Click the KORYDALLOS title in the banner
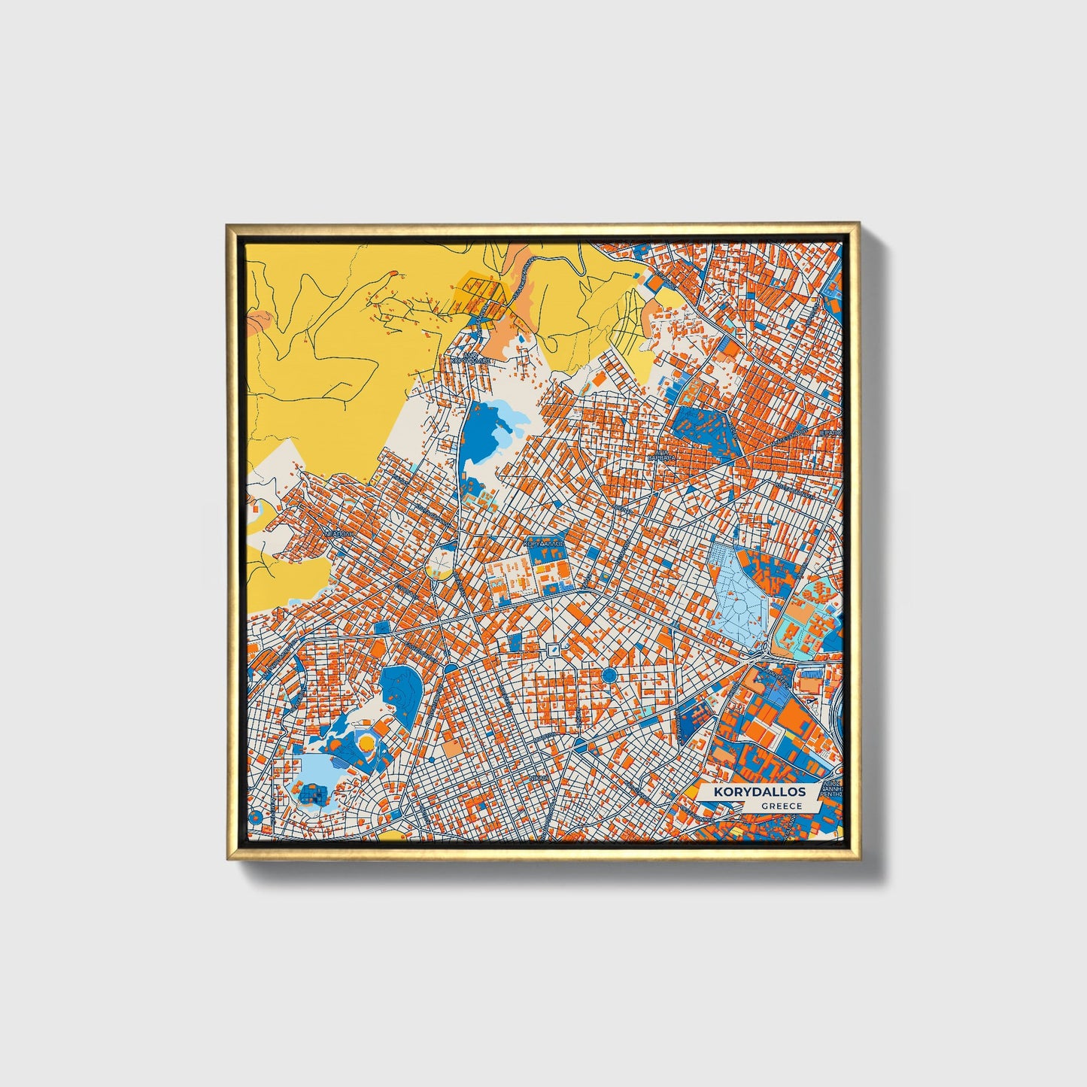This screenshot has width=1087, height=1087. point(759,792)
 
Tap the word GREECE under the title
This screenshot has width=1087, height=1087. point(781,806)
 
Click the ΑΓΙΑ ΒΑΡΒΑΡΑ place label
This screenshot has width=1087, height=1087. point(662,455)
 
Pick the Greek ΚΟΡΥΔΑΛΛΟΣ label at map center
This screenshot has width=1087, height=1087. point(543,542)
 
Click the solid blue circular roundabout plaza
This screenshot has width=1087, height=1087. point(609,676)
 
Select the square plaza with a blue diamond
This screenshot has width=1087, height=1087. point(554,649)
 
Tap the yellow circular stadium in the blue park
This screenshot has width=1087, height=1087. point(366,743)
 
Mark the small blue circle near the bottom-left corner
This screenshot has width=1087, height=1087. point(254,817)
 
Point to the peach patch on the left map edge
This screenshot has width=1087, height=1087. point(255,321)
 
